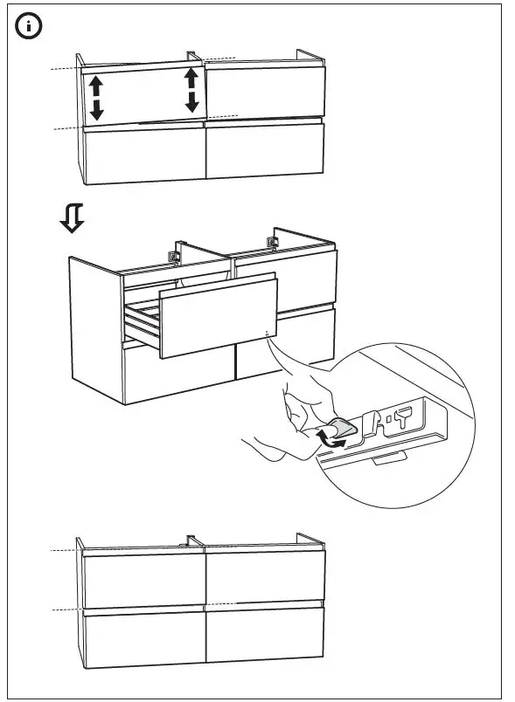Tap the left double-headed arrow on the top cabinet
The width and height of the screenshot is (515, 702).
(96, 97)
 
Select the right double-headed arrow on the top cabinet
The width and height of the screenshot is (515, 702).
(191, 91)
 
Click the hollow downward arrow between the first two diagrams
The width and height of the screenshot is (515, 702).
(72, 219)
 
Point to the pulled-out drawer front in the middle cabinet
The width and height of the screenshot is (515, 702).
(217, 314)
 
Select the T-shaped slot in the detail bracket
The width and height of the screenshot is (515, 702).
(403, 416)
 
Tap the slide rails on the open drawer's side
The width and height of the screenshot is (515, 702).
(142, 323)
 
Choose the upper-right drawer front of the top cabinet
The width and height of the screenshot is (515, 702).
(263, 92)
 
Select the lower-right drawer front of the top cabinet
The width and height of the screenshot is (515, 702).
(264, 149)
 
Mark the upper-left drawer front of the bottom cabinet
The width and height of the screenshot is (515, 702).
(143, 580)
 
